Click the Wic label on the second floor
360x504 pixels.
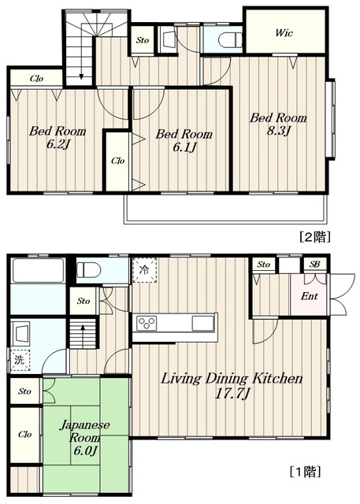tap(284, 33)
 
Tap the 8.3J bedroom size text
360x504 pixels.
tap(279, 132)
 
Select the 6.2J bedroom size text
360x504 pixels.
tap(58, 145)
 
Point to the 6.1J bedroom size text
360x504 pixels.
tap(184, 147)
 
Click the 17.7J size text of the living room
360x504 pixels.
tap(232, 394)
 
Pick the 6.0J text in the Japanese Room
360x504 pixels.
tap(85, 451)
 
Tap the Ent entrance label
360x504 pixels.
tap(310, 296)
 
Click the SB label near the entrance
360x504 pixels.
tap(314, 265)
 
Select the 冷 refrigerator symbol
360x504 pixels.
tap(144, 270)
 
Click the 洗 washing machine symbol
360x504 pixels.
tap(20, 360)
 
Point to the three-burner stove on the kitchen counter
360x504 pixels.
tap(147, 323)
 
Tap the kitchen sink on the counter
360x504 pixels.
tap(203, 323)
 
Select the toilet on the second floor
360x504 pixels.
tap(230, 40)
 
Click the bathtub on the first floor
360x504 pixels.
tap(38, 270)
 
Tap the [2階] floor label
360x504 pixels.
tap(315, 237)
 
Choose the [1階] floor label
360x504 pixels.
tap(305, 472)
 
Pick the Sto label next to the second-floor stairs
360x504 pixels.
tap(143, 40)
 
